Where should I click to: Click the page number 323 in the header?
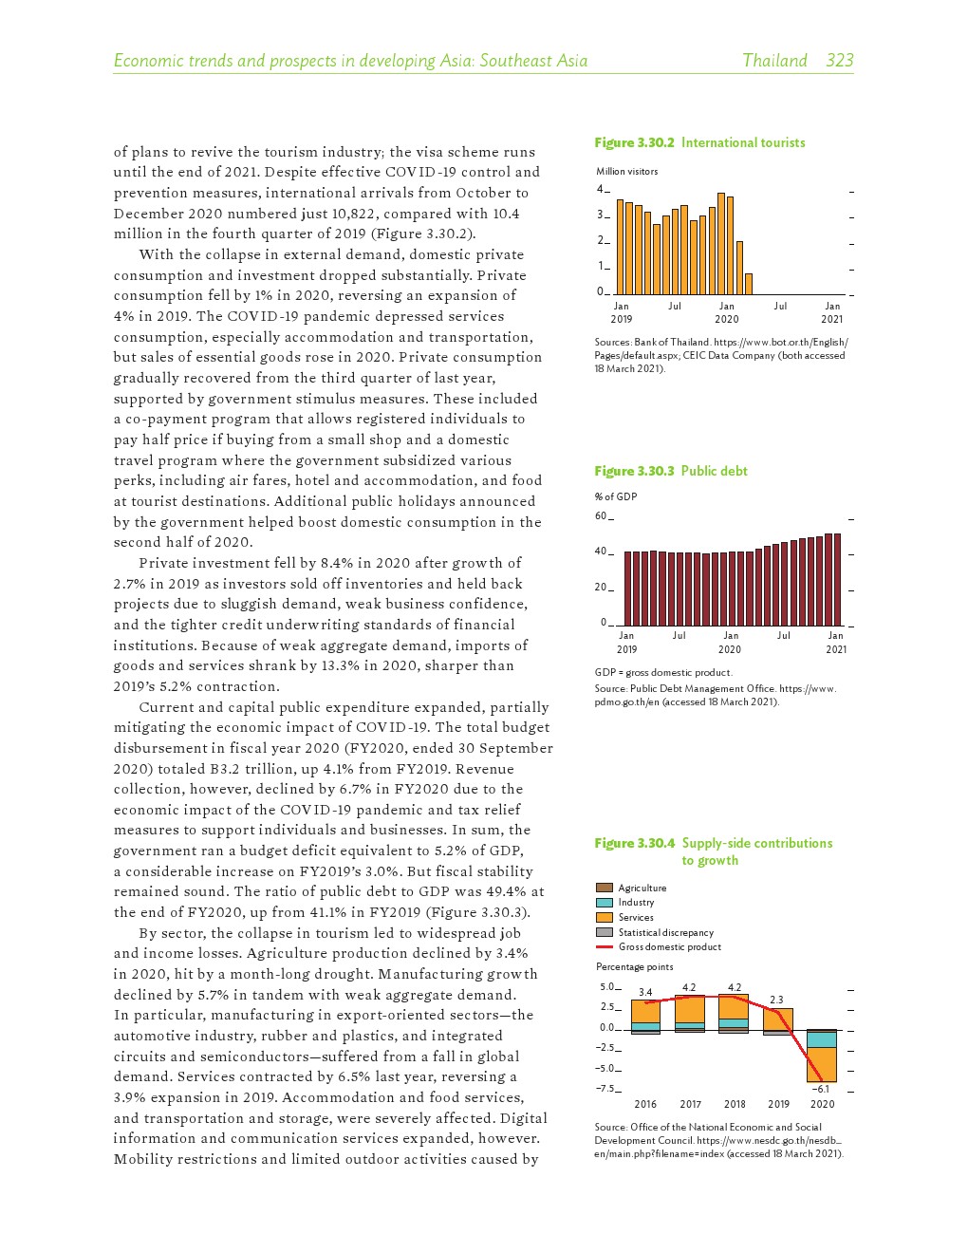(839, 61)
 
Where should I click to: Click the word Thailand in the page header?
(774, 61)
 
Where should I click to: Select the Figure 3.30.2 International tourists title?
(699, 142)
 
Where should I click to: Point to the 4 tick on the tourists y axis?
(600, 190)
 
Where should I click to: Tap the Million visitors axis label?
(626, 172)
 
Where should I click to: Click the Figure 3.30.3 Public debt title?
(671, 471)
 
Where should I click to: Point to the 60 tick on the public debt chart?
(600, 516)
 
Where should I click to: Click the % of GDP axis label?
(616, 496)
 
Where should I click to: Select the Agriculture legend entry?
(642, 888)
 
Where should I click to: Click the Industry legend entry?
(636, 903)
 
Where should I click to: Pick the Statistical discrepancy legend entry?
(665, 933)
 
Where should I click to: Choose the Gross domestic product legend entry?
(669, 947)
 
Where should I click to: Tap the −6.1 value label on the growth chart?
(821, 1090)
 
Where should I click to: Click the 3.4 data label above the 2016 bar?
(645, 992)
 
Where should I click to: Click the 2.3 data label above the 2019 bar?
(776, 1000)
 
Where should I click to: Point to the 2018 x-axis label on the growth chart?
(735, 1104)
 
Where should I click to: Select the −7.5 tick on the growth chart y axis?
(605, 1089)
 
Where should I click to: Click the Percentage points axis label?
(634, 967)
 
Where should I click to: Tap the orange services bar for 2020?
(821, 1064)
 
